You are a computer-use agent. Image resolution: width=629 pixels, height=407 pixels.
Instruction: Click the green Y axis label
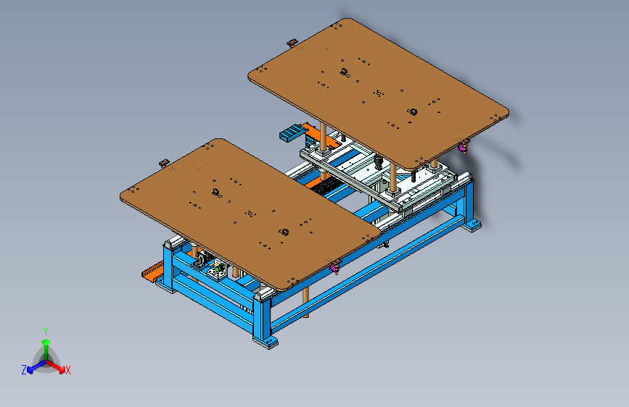[46, 331]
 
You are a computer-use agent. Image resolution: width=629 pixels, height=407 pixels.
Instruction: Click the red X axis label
[67, 370]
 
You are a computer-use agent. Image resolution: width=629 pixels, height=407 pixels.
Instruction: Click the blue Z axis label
[24, 370]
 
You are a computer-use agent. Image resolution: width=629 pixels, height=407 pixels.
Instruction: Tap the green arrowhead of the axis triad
[46, 342]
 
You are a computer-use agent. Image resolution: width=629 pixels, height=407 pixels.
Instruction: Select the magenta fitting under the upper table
[463, 148]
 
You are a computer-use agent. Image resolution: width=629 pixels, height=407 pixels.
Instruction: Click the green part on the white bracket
[219, 269]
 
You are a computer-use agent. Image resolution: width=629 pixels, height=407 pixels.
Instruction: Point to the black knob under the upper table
[378, 161]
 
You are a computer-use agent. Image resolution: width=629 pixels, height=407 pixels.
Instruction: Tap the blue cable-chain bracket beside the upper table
[292, 133]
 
